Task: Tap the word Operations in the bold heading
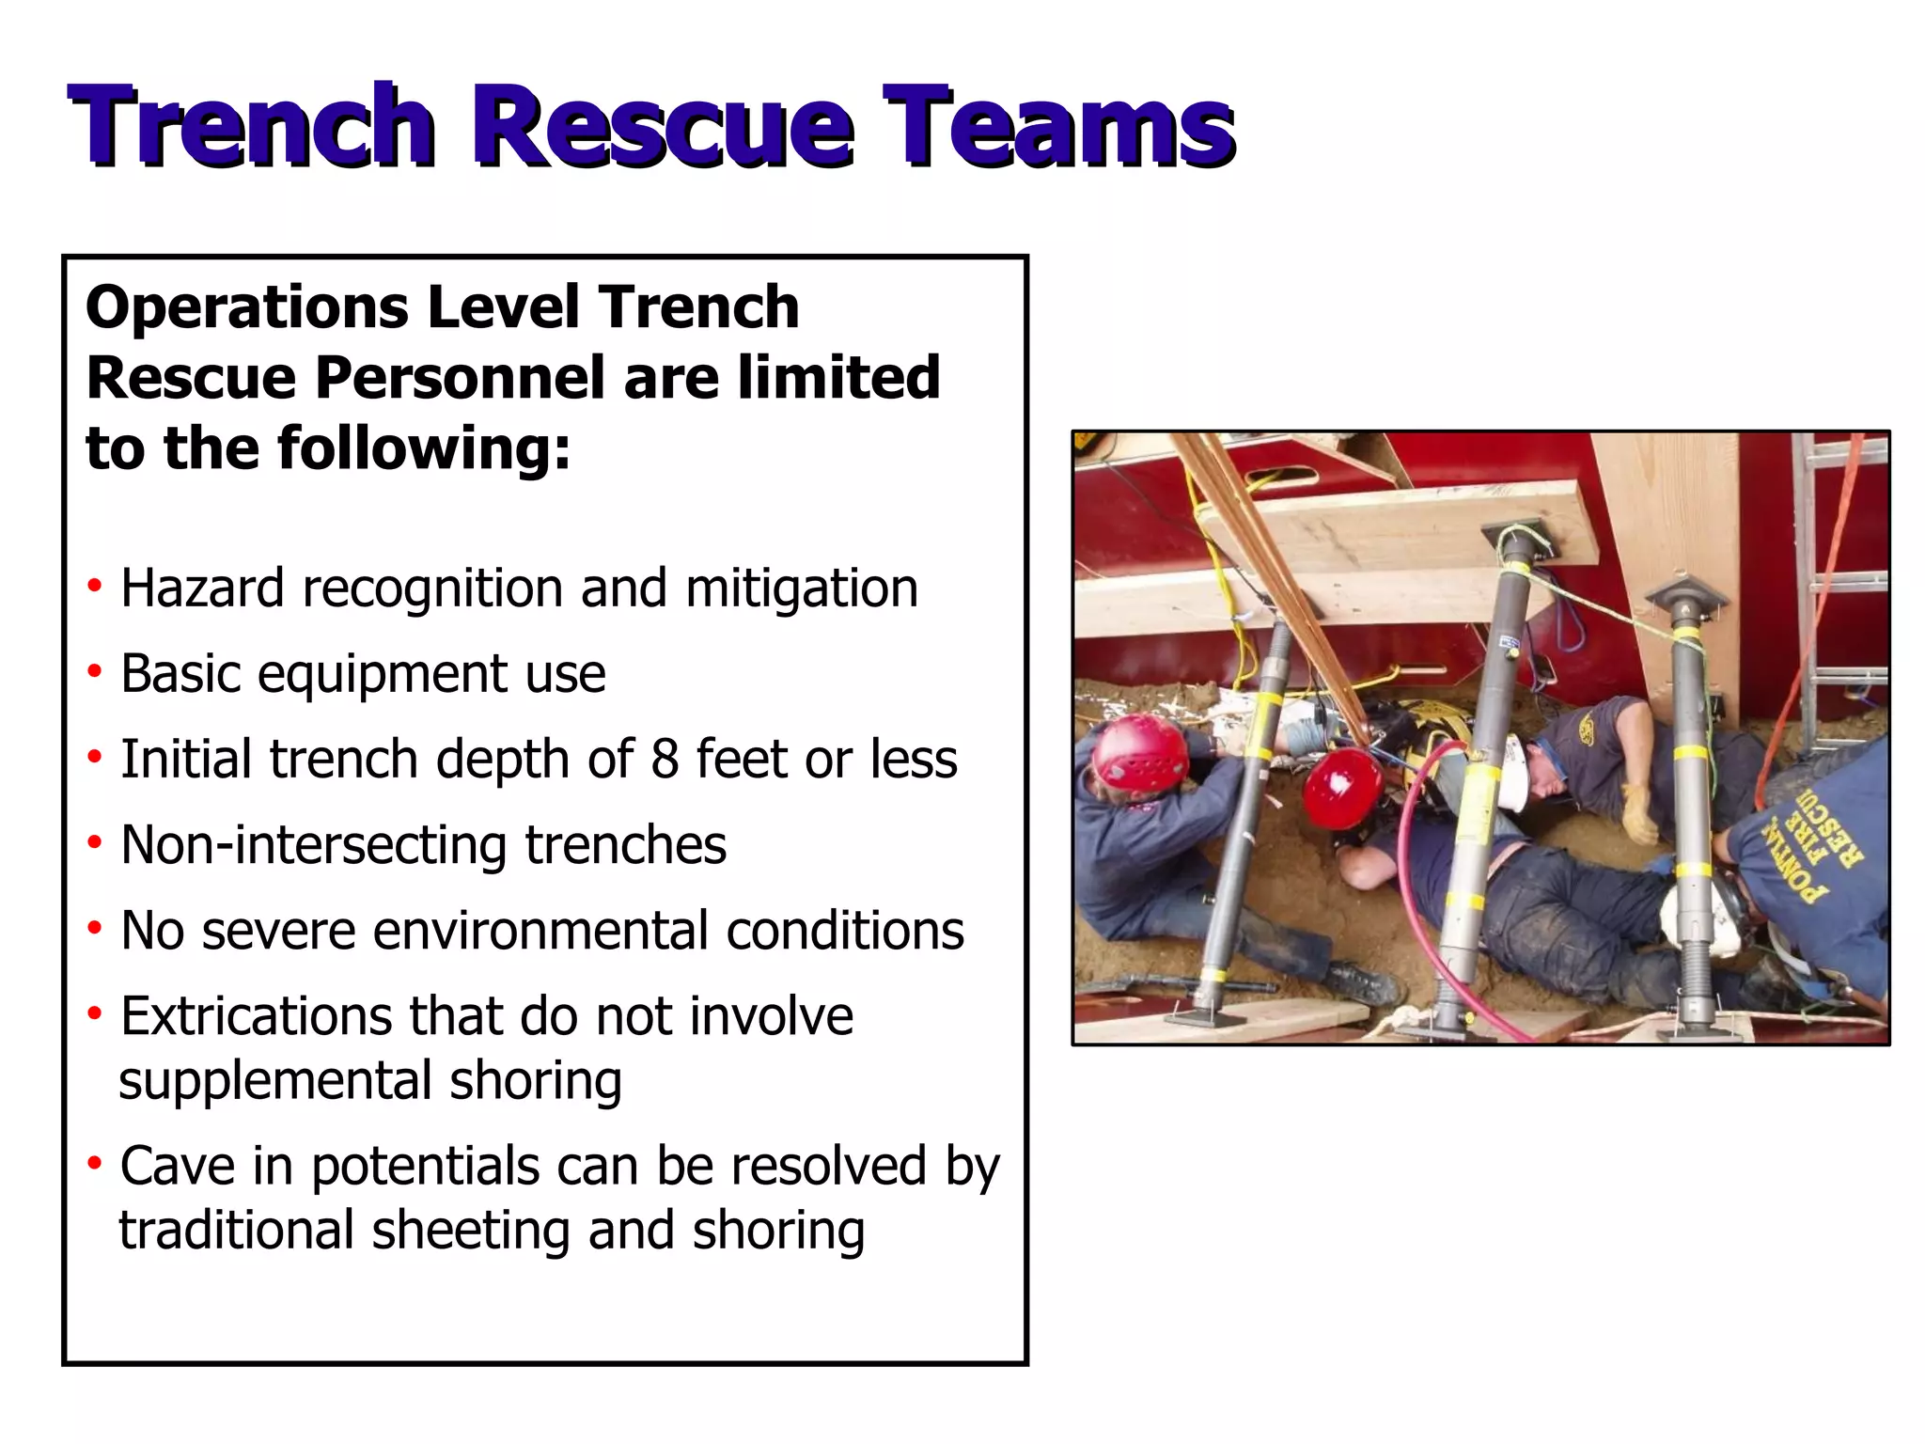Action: click(x=247, y=307)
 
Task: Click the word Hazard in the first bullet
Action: click(x=202, y=589)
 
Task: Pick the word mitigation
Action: click(x=801, y=589)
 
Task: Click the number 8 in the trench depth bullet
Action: click(x=665, y=760)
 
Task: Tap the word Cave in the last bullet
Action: click(x=178, y=1167)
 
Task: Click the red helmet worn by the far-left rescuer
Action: click(x=1140, y=751)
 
